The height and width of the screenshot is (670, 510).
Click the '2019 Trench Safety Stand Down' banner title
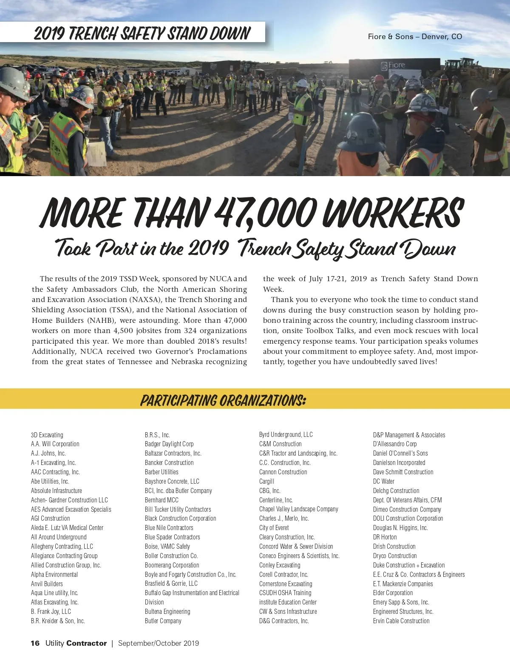(x=142, y=33)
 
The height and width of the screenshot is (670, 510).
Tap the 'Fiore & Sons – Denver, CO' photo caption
(x=415, y=37)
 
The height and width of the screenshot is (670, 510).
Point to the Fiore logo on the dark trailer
(x=393, y=66)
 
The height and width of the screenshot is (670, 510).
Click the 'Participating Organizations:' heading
(x=223, y=400)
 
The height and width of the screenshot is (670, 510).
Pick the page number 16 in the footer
(x=35, y=643)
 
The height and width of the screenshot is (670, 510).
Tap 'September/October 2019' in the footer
(x=159, y=643)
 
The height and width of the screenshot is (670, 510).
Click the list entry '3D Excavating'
(x=47, y=435)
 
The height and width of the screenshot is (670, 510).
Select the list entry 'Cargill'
(x=266, y=481)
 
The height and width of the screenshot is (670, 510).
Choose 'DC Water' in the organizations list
(x=384, y=481)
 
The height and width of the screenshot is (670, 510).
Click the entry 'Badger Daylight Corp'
(x=169, y=444)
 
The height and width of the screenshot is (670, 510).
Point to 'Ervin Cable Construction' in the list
(x=401, y=621)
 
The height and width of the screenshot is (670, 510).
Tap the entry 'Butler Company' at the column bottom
(x=163, y=621)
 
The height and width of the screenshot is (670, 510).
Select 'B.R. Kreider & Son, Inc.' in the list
(x=58, y=621)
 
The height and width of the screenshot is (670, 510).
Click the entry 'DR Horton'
(x=385, y=537)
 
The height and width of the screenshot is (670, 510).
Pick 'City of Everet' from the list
(x=274, y=527)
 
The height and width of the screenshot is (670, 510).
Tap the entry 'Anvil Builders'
(x=47, y=584)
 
